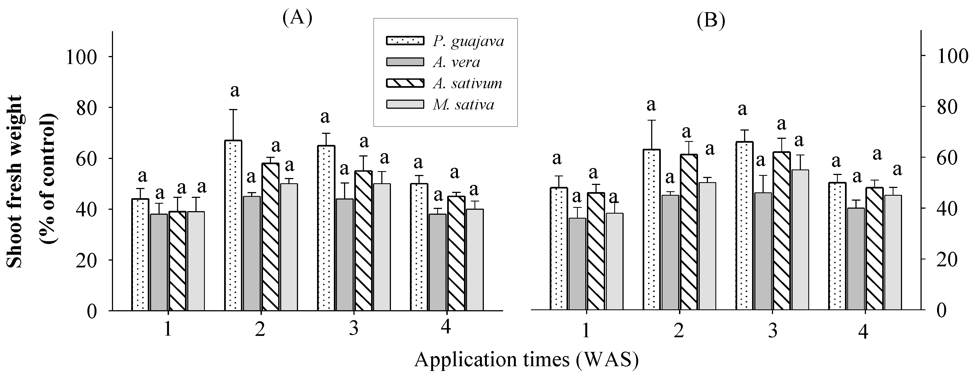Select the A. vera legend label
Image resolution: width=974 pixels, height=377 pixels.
coord(456,62)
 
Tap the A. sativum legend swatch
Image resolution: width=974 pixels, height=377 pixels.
coord(405,83)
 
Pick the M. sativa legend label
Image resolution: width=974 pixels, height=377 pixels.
coord(463,104)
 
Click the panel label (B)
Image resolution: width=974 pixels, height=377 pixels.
coord(711,20)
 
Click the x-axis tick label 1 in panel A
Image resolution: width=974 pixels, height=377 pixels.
coord(168,330)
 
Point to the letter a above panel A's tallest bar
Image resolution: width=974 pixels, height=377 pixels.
coord(235,91)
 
